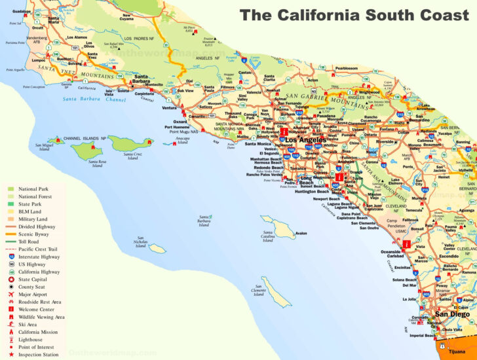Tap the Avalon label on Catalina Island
click(301, 234)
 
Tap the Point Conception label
click(33, 86)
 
